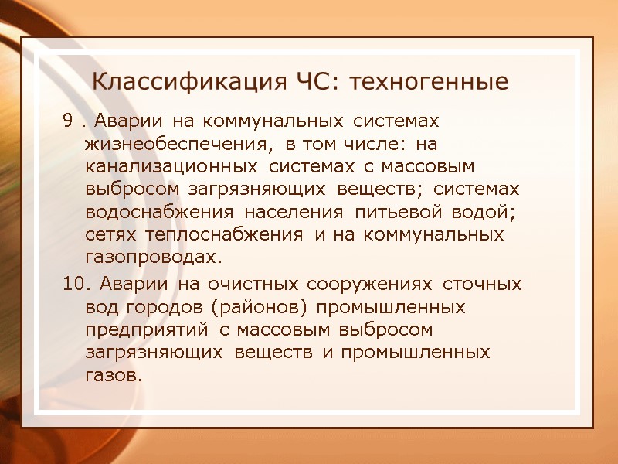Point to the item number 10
tap(71, 285)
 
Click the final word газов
tap(114, 374)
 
